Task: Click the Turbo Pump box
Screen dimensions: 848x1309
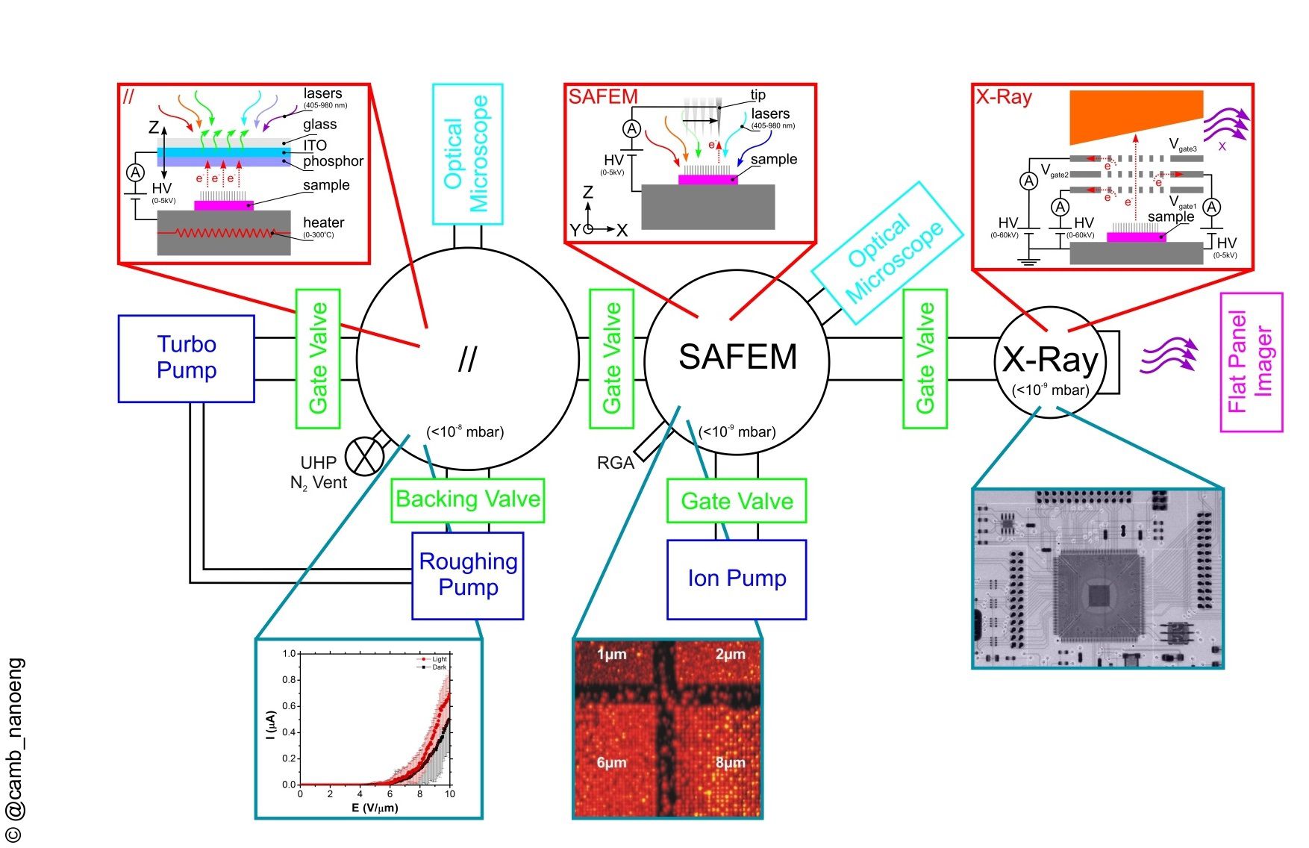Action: (186, 358)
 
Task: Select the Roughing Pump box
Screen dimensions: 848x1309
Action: (468, 575)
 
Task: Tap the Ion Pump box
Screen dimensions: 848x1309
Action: (737, 579)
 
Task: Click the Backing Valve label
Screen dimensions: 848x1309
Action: (468, 499)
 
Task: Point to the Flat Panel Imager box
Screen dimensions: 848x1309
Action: (1251, 362)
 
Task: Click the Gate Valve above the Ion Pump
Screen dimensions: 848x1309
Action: (737, 501)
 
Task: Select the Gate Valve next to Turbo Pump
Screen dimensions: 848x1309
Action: (319, 358)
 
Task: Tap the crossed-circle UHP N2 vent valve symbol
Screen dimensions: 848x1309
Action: (364, 455)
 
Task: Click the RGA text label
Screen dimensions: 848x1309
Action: (615, 464)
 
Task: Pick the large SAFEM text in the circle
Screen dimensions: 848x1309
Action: (737, 357)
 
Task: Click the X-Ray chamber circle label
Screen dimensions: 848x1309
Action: (1049, 360)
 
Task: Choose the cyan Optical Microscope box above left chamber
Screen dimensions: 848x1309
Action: (468, 154)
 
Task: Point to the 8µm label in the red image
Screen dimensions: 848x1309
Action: (730, 763)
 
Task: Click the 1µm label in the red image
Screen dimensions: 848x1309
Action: (611, 655)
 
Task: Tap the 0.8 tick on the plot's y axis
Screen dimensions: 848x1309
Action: (289, 680)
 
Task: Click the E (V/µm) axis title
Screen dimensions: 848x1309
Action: (375, 808)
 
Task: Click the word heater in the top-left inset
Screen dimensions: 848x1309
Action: (323, 222)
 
